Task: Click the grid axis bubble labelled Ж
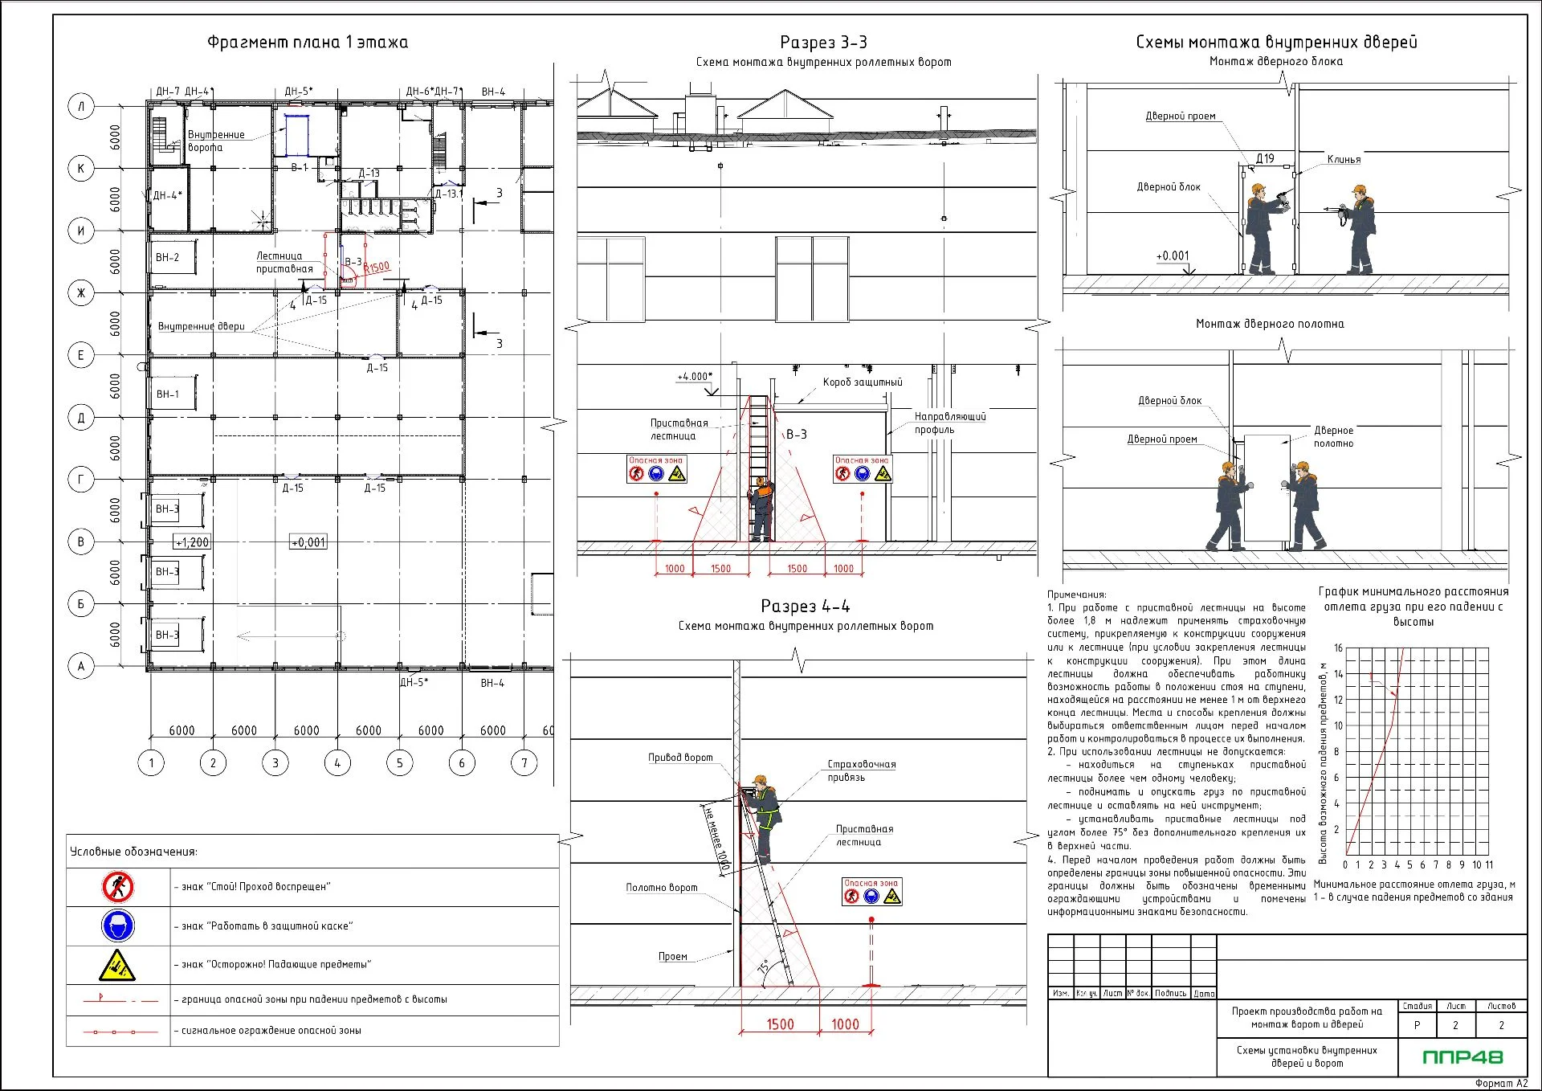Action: click(x=80, y=293)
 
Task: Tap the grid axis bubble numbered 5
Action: click(x=399, y=762)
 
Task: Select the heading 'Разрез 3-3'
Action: click(x=823, y=43)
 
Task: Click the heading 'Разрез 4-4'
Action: click(x=805, y=606)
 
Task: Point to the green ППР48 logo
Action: click(x=1462, y=1057)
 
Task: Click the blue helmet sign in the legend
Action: click(x=118, y=926)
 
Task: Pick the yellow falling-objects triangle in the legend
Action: click(x=117, y=965)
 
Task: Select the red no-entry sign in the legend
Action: click(x=118, y=887)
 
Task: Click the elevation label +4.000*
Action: click(x=694, y=377)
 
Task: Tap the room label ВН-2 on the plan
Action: click(x=167, y=258)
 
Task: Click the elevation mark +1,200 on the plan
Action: click(x=192, y=542)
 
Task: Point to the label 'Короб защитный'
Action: click(x=862, y=382)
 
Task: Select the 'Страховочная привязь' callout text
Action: click(x=861, y=770)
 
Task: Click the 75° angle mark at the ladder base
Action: click(x=764, y=966)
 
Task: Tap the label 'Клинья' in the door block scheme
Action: click(x=1344, y=160)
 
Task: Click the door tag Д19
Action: click(x=1265, y=159)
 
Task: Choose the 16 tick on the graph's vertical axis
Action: click(x=1338, y=648)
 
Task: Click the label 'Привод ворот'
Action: click(x=680, y=758)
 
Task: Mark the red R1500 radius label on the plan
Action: click(x=377, y=268)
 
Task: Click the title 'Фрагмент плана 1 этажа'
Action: click(x=308, y=43)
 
